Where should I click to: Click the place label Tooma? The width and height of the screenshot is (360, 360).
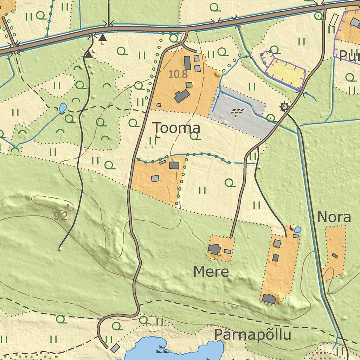(x=177, y=128)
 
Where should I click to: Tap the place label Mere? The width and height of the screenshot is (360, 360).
(x=211, y=272)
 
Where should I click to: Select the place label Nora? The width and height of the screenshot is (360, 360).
(x=334, y=218)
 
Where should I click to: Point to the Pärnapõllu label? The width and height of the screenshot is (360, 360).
(x=252, y=335)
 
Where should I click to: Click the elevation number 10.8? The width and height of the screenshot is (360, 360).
(x=178, y=75)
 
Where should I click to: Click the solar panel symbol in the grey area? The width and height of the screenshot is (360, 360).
(x=238, y=112)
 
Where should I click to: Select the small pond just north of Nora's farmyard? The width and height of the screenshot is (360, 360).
(x=297, y=230)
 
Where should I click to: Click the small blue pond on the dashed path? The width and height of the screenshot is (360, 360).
(x=62, y=107)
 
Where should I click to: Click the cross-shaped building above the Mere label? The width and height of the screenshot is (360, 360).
(x=214, y=249)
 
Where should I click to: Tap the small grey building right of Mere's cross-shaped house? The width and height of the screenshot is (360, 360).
(x=228, y=251)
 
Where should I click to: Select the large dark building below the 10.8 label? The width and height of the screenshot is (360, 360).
(x=182, y=96)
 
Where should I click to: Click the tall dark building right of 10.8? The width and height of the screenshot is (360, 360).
(x=187, y=63)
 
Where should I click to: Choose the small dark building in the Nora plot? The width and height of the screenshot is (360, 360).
(x=335, y=256)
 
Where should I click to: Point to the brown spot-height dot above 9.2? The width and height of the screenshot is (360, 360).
(x=67, y=205)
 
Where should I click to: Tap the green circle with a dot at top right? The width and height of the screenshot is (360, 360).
(x=319, y=16)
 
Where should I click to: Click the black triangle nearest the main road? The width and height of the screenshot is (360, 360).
(x=102, y=38)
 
